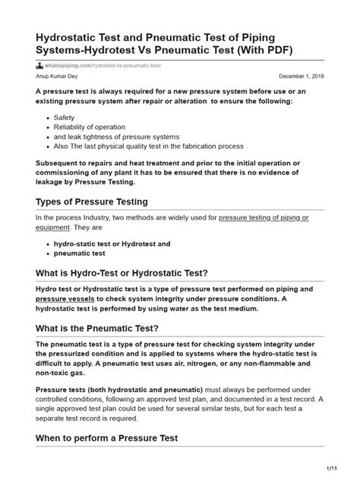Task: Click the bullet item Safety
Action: (x=65, y=118)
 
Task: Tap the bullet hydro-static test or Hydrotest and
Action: (x=112, y=244)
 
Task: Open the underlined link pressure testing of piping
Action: (x=264, y=217)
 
